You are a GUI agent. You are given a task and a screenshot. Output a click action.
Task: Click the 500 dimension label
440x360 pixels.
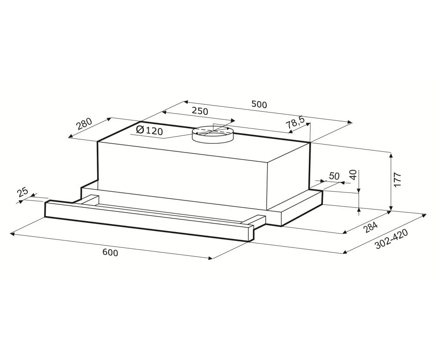click(259, 104)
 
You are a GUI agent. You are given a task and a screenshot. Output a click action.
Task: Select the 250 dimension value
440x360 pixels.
click(200, 111)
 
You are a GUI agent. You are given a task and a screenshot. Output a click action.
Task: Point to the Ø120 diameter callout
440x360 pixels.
click(149, 131)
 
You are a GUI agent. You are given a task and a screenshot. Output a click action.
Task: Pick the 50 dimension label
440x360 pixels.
click(334, 176)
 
